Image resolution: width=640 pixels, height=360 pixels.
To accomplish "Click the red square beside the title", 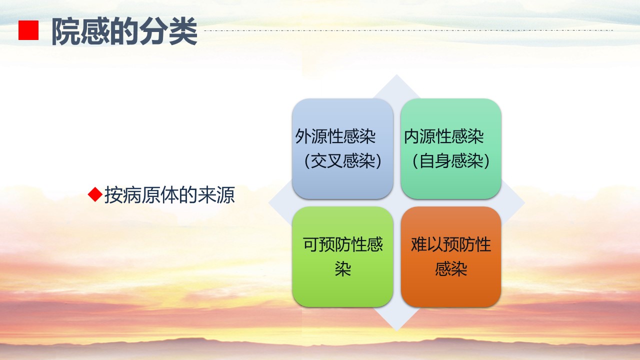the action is point(28,30).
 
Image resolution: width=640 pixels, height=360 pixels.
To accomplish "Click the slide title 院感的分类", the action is point(124,31).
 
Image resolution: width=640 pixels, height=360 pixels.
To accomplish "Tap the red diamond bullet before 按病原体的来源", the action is point(95,194).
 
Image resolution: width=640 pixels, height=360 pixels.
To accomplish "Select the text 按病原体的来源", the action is point(169,195).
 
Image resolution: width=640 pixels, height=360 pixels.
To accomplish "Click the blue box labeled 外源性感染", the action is point(342,148).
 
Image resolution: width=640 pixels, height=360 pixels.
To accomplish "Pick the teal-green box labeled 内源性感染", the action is point(451,148).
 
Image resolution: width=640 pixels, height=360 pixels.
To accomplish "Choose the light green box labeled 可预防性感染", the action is point(342,256).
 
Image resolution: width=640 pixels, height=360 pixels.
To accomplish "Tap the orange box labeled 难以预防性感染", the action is point(451,256).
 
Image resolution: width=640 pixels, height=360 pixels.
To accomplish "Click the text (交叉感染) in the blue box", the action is point(343,161).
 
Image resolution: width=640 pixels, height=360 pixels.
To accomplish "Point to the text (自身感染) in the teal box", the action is point(451,161).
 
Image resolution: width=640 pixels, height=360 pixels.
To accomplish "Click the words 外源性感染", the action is point(335,136).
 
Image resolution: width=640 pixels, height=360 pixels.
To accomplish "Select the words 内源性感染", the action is point(443,136).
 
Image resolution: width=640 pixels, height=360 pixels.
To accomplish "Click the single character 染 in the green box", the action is point(343,269).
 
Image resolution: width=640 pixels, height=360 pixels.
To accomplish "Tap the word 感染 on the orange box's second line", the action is point(451,269).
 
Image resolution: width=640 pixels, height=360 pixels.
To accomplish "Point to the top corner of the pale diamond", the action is point(396,75).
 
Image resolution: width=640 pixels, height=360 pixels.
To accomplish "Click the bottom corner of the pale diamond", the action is point(396,331).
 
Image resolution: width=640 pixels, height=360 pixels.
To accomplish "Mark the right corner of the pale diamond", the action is point(524,203).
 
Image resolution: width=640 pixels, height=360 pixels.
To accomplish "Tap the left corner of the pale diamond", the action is point(268,203).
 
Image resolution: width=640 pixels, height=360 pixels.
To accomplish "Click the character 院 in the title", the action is point(66,31).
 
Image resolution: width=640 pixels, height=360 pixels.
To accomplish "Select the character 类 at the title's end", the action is point(183,31).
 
